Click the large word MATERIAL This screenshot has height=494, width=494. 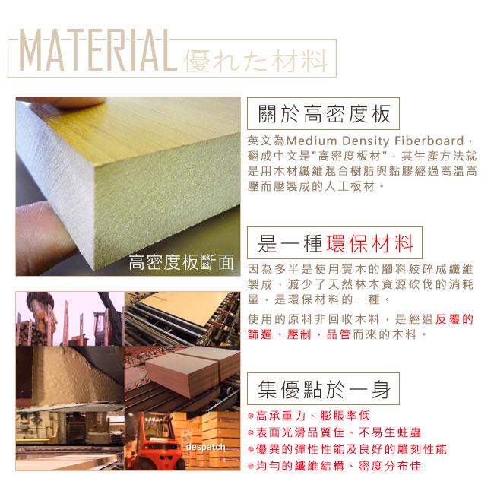(x=98, y=50)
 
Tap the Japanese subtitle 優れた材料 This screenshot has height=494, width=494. (x=256, y=61)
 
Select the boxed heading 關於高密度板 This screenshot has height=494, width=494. (x=324, y=114)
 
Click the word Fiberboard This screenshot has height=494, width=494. (x=429, y=141)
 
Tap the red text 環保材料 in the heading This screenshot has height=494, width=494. (x=369, y=243)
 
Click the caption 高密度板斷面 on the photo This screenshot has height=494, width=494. (x=181, y=262)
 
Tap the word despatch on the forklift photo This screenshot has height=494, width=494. (x=205, y=447)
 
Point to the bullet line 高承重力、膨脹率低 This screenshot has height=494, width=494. (x=313, y=416)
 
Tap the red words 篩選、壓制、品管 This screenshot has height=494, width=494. (x=299, y=334)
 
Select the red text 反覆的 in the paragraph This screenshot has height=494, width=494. (x=454, y=319)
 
